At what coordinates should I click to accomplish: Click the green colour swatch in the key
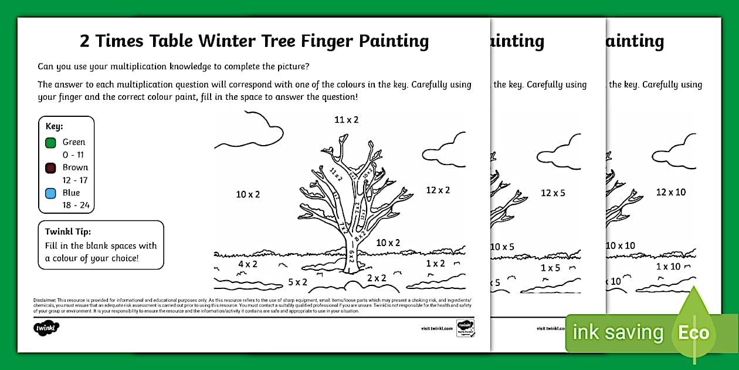pyautogui.click(x=50, y=142)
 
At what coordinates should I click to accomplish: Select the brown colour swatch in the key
pyautogui.click(x=50, y=167)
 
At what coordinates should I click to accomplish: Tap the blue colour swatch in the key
pyautogui.click(x=50, y=193)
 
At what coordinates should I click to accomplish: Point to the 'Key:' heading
pyautogui.click(x=55, y=126)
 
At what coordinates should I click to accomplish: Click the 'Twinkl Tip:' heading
pyautogui.click(x=68, y=231)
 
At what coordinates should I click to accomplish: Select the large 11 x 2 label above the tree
pyautogui.click(x=346, y=120)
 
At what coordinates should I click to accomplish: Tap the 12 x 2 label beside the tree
pyautogui.click(x=438, y=190)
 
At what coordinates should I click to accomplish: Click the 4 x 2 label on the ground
pyautogui.click(x=248, y=264)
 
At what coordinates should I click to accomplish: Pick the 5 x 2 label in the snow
pyautogui.click(x=297, y=282)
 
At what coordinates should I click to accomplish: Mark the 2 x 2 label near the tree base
pyautogui.click(x=377, y=278)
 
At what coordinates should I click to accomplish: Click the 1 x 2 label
pyautogui.click(x=435, y=264)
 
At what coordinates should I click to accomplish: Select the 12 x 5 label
pyautogui.click(x=552, y=193)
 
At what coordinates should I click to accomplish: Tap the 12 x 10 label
pyautogui.click(x=670, y=192)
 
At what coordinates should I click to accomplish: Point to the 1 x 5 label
pyautogui.click(x=550, y=268)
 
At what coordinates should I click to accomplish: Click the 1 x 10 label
pyautogui.click(x=668, y=267)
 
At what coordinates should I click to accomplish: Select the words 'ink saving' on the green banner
pyautogui.click(x=618, y=333)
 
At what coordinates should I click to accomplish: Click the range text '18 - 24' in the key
pyautogui.click(x=75, y=205)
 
